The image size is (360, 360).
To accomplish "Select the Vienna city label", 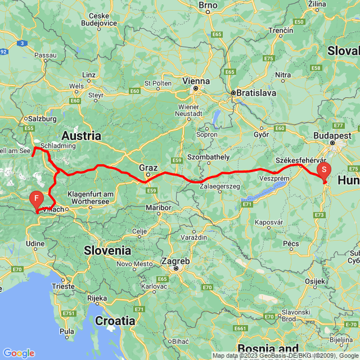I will (x=195, y=81).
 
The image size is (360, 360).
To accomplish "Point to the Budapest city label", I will (x=337, y=136).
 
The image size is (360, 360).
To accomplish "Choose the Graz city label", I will (x=148, y=167).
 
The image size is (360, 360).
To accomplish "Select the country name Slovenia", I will (x=107, y=250).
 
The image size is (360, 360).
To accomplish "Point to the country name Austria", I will (x=81, y=136).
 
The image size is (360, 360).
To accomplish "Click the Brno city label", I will (x=208, y=5).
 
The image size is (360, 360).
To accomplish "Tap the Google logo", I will (x=18, y=353).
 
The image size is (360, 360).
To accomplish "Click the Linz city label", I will (x=89, y=75).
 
